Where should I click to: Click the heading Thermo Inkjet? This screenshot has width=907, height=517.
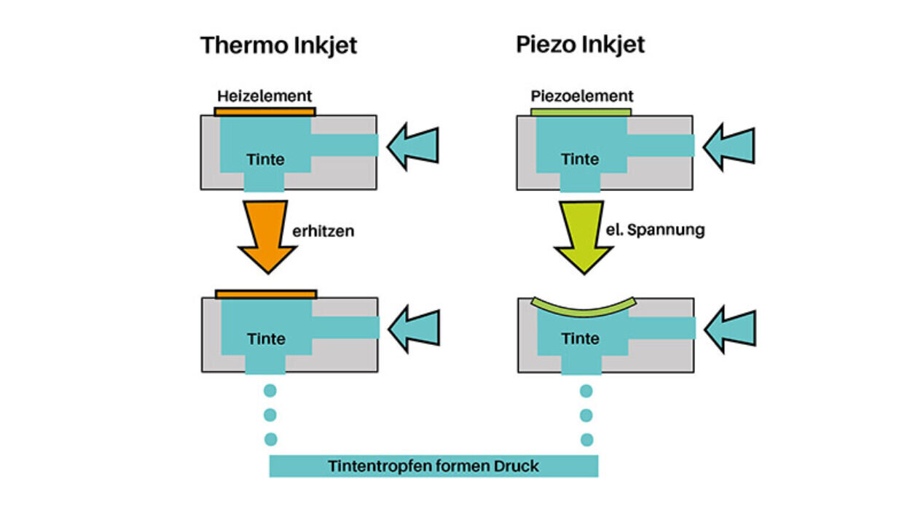tap(279, 45)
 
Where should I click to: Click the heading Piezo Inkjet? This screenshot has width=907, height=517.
tap(580, 44)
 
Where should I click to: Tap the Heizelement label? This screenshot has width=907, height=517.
tap(264, 96)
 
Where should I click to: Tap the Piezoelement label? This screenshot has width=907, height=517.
tap(581, 96)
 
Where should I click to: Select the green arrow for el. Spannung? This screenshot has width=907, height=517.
tap(584, 235)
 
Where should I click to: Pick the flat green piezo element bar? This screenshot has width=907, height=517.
tap(581, 112)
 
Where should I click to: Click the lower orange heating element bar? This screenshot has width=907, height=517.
tap(266, 294)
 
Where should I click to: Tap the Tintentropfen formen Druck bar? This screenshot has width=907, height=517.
tap(433, 466)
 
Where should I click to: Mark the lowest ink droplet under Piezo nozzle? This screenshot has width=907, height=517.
tap(586, 440)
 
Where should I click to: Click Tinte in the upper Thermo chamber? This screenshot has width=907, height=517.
tap(265, 160)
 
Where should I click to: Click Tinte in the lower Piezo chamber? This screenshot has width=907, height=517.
tap(581, 338)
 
